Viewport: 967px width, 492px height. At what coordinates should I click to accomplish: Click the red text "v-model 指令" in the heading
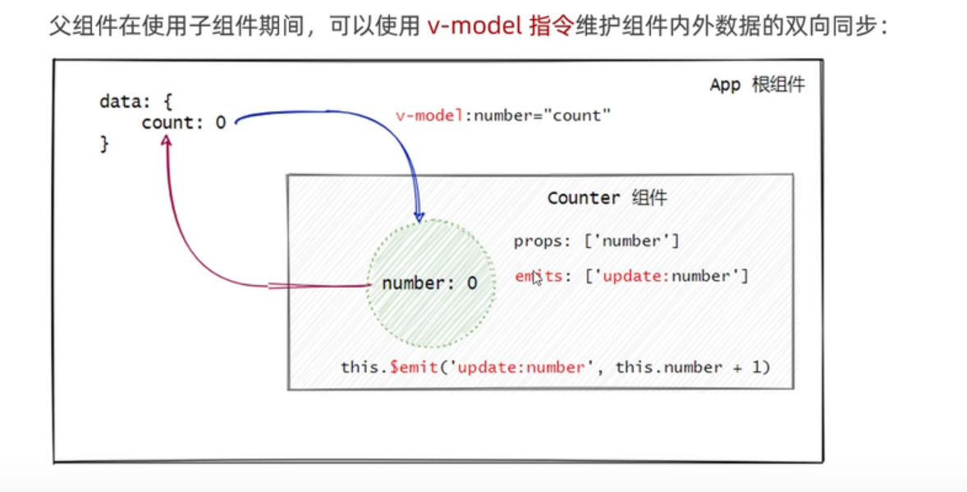click(x=500, y=27)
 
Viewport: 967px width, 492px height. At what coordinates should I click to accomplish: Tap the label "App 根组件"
click(x=758, y=85)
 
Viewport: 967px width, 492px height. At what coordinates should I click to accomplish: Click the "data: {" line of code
click(x=135, y=101)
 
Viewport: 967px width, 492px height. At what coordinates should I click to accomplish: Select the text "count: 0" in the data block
click(x=184, y=122)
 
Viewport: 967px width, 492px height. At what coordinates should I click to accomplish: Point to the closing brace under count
click(x=104, y=144)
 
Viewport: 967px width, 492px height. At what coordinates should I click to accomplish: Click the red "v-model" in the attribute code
click(x=430, y=116)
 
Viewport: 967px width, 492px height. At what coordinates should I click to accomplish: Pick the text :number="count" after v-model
click(x=538, y=116)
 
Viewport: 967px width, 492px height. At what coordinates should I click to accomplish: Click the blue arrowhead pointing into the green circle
click(x=419, y=215)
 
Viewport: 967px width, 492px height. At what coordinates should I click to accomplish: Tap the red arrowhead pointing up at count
click(x=166, y=141)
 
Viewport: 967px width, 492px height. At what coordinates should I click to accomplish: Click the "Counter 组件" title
click(x=607, y=198)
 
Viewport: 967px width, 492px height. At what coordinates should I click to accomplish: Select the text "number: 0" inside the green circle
click(x=429, y=283)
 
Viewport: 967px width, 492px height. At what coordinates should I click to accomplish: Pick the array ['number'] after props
click(x=631, y=241)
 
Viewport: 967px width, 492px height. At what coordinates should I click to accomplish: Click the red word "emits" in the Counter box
click(x=538, y=276)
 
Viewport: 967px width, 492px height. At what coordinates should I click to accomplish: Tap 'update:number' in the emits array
click(x=667, y=276)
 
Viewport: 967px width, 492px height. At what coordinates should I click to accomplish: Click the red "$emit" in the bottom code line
click(x=413, y=367)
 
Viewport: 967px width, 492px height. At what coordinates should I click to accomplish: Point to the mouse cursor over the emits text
click(x=537, y=278)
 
